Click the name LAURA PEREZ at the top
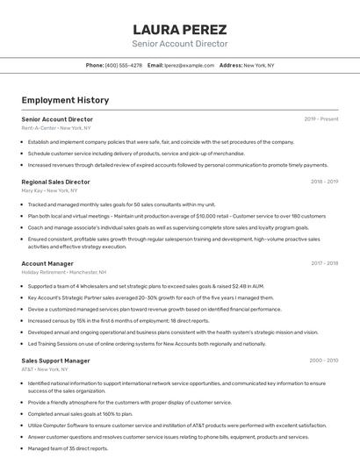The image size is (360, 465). [x=179, y=29]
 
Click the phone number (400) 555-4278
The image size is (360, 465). [x=123, y=65]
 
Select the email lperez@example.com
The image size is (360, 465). [x=189, y=65]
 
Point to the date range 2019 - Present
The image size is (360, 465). [x=320, y=119]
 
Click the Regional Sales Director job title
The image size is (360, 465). [x=55, y=182]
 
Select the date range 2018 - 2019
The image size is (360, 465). [x=324, y=182]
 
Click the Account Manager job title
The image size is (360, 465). [x=47, y=263]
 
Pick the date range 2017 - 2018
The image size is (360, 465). [x=324, y=263]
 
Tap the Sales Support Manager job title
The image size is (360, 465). [x=55, y=361]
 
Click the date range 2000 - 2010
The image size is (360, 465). [x=324, y=361]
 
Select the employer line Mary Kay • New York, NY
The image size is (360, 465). [x=49, y=190]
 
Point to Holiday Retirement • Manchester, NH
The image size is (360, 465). [x=64, y=272]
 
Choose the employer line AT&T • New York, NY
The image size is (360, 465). [x=45, y=369]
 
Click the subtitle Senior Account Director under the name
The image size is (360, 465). [x=179, y=44]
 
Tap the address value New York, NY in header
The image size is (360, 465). [x=259, y=65]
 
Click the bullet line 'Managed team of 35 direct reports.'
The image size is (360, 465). [x=68, y=448]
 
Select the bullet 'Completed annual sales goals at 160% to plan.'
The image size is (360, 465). [x=80, y=414]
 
